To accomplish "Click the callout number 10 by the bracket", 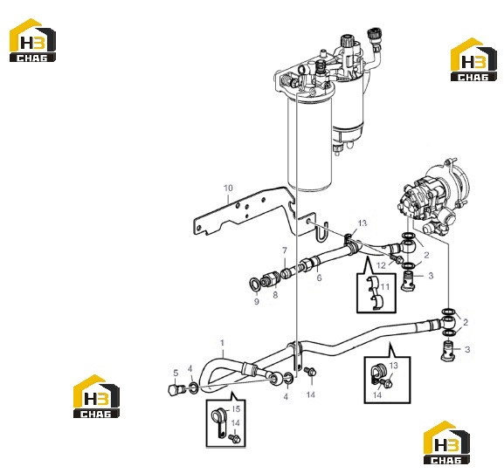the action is [x=228, y=188].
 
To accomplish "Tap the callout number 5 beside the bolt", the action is [x=176, y=373].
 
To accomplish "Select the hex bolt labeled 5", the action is [x=176, y=389].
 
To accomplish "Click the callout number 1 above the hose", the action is [x=222, y=343].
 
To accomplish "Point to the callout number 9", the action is [x=257, y=302].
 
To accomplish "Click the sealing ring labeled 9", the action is [x=255, y=284].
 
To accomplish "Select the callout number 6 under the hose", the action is [x=319, y=278].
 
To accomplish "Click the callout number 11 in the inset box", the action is [x=385, y=286].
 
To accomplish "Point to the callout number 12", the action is [x=381, y=265].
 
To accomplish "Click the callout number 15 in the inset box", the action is [x=236, y=408].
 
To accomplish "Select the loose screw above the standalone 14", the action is [x=310, y=374].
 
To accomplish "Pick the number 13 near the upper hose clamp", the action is [x=362, y=223].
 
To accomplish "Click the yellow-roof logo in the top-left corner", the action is [x=32, y=40].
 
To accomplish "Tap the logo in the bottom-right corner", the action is [x=446, y=442].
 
